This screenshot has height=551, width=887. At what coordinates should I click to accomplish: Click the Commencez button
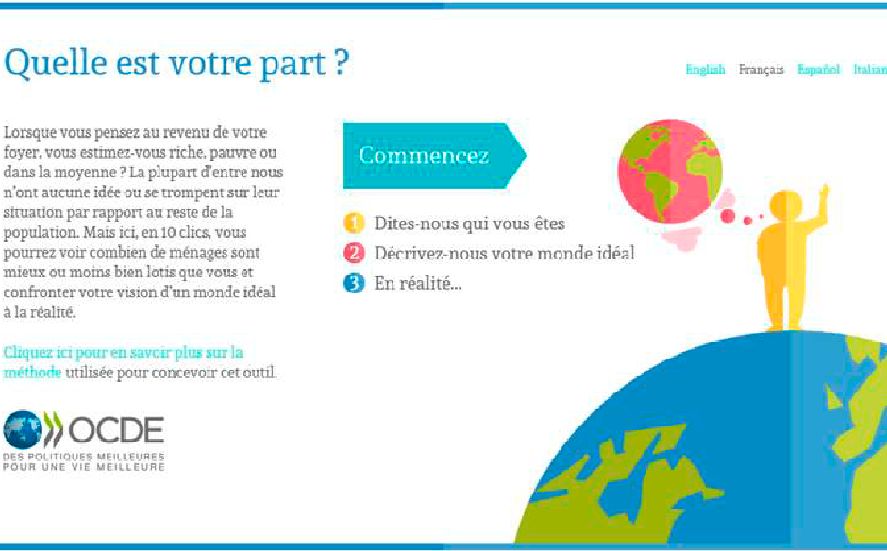pyautogui.click(x=434, y=155)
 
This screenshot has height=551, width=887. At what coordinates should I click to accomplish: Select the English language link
pyautogui.click(x=705, y=69)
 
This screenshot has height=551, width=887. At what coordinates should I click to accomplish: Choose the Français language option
pyautogui.click(x=761, y=70)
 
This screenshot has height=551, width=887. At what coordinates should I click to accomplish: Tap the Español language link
pyautogui.click(x=818, y=70)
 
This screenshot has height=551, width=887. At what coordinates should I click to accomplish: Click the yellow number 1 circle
pyautogui.click(x=354, y=223)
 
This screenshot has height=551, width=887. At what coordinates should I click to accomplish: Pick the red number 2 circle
pyautogui.click(x=354, y=253)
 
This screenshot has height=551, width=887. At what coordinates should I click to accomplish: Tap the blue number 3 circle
pyautogui.click(x=354, y=283)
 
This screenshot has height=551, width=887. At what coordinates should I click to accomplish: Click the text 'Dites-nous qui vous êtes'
pyautogui.click(x=469, y=224)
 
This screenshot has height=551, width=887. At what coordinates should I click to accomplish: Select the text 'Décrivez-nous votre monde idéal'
pyautogui.click(x=504, y=253)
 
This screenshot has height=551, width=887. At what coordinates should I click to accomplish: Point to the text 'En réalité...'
pyautogui.click(x=417, y=283)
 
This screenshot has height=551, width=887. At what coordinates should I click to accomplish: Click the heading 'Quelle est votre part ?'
pyautogui.click(x=176, y=62)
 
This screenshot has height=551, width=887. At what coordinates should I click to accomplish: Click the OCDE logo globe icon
pyautogui.click(x=23, y=430)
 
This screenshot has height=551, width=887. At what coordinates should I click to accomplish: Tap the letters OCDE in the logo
pyautogui.click(x=116, y=430)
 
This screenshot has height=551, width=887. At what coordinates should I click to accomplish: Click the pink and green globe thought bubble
pyautogui.click(x=670, y=171)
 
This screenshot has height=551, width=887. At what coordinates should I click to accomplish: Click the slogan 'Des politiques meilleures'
pyautogui.click(x=84, y=457)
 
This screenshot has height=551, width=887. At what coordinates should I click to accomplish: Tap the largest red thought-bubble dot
pyautogui.click(x=728, y=215)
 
